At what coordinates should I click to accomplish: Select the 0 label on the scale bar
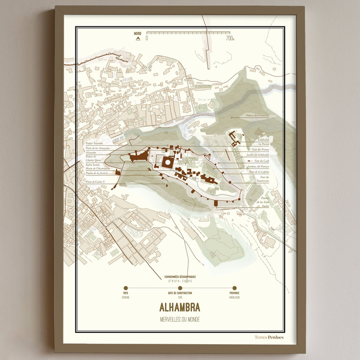[147, 39]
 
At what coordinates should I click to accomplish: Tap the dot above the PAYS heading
[125, 288]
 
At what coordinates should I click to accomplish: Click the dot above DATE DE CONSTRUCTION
[180, 288]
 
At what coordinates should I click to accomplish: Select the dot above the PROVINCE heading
[234, 288]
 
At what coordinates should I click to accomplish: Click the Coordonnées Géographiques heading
[180, 277]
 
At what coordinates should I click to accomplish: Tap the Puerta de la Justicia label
[96, 173]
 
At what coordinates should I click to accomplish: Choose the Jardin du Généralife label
[257, 154]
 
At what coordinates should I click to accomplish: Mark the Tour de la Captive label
[257, 172]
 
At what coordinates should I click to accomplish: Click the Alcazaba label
[92, 152]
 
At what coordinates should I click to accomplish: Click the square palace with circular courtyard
[168, 163]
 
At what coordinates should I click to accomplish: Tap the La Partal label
[263, 143]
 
